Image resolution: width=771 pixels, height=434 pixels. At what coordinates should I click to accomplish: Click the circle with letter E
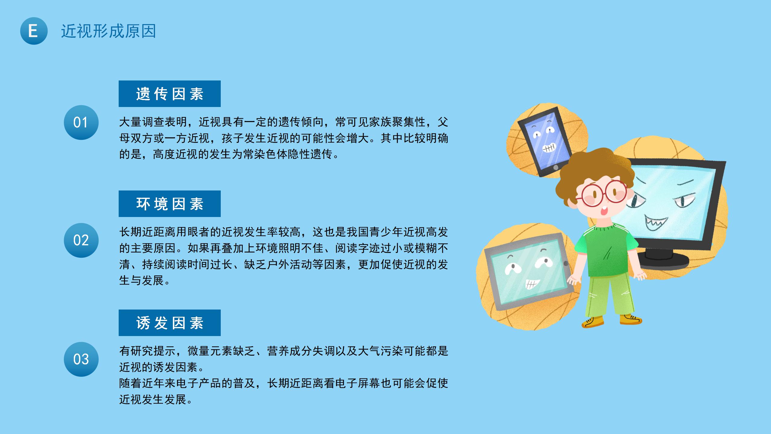pos(34,31)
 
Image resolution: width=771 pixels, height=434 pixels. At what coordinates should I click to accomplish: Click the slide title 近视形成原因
pos(108,31)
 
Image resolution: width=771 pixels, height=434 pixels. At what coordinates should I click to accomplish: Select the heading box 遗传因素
pos(170,94)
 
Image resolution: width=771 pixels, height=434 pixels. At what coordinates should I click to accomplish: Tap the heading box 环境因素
pos(170,204)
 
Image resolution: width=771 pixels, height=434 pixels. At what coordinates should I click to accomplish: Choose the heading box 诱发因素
pos(170,323)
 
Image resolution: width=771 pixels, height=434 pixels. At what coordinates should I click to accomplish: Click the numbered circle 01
pos(81,122)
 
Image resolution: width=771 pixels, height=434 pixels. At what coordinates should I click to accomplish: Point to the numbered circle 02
pos(81,240)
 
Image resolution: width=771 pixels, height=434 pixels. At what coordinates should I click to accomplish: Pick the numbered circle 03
pos(81,359)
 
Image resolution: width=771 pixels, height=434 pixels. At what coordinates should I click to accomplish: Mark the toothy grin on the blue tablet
pos(549,148)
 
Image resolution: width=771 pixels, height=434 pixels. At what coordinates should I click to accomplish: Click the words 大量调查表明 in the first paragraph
pos(153,122)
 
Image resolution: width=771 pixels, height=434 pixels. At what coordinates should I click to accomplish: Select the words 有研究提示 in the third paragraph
pos(148,351)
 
